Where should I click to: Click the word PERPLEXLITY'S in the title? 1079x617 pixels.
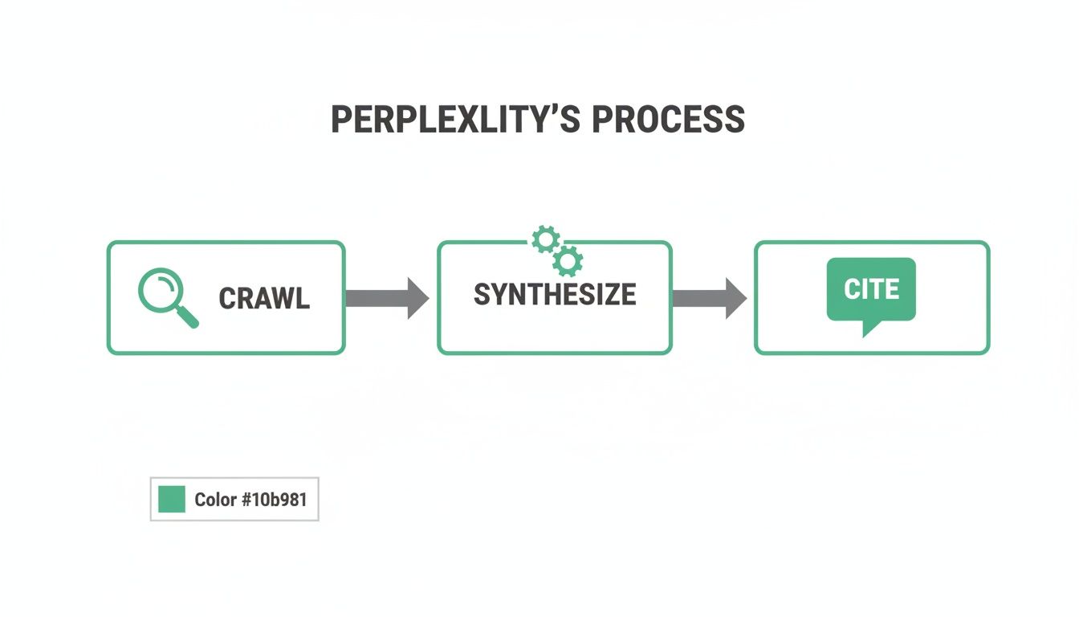pyautogui.click(x=457, y=120)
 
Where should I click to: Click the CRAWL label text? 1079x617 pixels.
pyautogui.click(x=264, y=299)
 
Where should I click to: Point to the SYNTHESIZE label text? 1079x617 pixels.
pyautogui.click(x=555, y=295)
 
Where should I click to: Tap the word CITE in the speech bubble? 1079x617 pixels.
pyautogui.click(x=872, y=289)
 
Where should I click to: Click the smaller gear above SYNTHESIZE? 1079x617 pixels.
pyautogui.click(x=546, y=239)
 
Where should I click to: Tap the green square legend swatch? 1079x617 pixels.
pyautogui.click(x=172, y=499)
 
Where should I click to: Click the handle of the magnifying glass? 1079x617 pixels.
pyautogui.click(x=188, y=317)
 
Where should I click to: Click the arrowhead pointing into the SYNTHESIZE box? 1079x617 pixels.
pyautogui.click(x=417, y=298)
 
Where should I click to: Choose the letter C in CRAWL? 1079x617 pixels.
pyautogui.click(x=226, y=299)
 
